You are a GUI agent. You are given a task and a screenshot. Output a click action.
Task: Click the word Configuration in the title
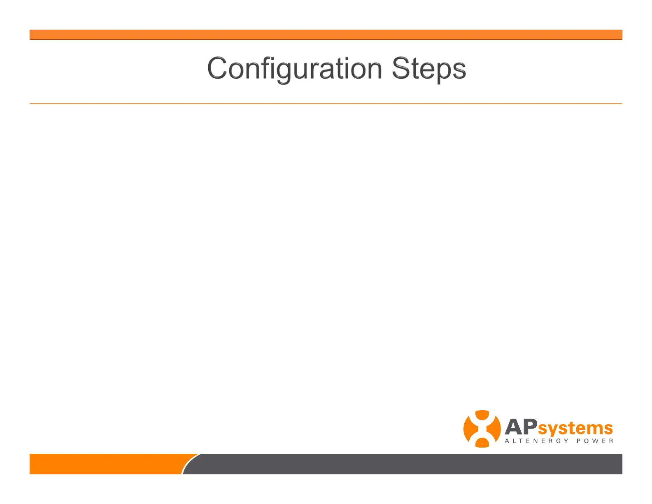[294, 69]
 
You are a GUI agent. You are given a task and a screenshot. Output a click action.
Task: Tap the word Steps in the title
[429, 69]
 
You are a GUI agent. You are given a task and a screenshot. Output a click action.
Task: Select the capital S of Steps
[401, 68]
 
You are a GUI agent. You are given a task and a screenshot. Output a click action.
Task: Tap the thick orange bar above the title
[326, 35]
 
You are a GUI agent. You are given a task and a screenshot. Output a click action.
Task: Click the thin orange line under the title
[326, 104]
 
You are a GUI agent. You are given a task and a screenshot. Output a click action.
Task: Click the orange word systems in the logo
[575, 429]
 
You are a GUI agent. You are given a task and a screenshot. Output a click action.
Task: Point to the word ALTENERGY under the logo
[536, 441]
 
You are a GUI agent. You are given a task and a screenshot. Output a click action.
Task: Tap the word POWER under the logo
[595, 441]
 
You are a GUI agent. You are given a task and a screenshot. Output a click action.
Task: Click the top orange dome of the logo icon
[482, 415]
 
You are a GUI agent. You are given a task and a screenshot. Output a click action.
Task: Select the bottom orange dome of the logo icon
[482, 443]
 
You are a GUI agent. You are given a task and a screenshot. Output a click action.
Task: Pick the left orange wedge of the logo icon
[469, 429]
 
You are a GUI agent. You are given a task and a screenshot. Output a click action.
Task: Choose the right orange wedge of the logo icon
[495, 429]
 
